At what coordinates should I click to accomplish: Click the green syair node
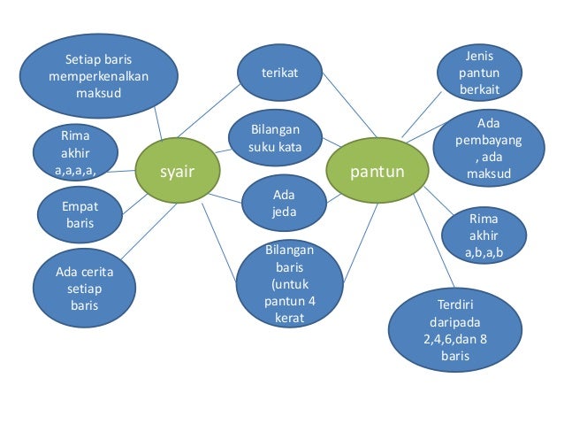(x=176, y=169)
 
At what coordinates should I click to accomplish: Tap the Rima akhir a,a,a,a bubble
(x=74, y=152)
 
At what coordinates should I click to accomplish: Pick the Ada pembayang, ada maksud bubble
(x=488, y=147)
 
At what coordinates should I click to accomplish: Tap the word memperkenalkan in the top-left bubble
(x=99, y=76)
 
